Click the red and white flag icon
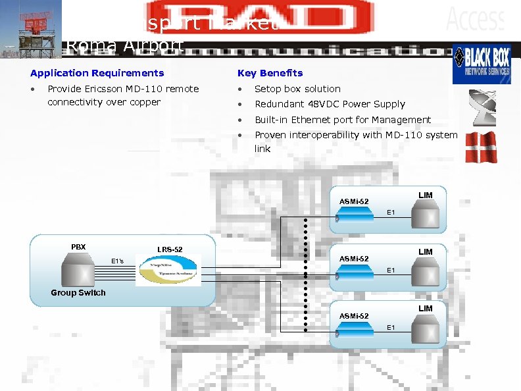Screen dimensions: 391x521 point(480,147)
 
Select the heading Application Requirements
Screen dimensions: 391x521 point(97,73)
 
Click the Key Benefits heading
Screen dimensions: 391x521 point(270,73)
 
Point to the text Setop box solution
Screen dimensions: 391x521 point(297,89)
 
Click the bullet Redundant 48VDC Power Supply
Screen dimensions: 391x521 point(330,104)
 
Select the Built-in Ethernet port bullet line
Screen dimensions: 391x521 point(342,120)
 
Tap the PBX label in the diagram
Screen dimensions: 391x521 point(78,247)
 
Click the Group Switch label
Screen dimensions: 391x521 point(78,293)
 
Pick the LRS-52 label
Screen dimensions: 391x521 point(170,249)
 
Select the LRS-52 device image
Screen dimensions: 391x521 point(168,270)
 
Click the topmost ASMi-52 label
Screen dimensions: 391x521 point(354,201)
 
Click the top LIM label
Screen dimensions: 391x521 point(426,195)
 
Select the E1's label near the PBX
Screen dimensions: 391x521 point(117,261)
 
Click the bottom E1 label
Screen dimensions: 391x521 point(391,327)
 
